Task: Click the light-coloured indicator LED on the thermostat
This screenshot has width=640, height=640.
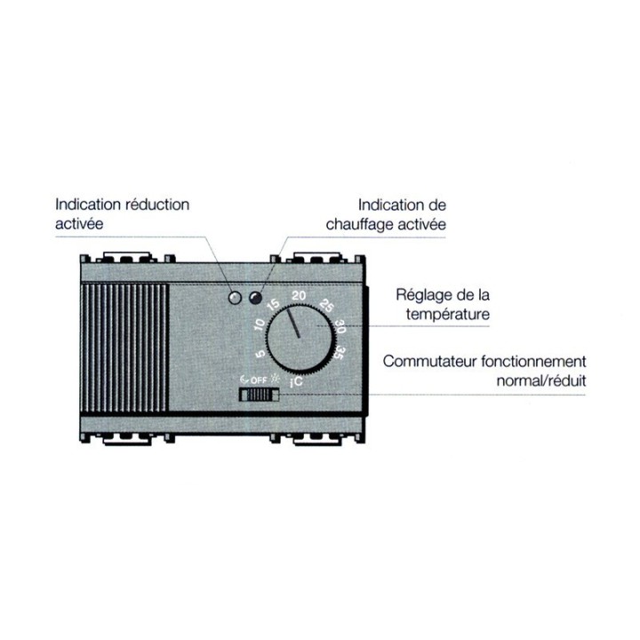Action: [236, 298]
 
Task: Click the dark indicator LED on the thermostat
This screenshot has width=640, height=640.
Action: [256, 298]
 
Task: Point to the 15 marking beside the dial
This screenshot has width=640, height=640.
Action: [272, 307]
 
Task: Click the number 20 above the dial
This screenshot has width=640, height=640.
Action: [300, 297]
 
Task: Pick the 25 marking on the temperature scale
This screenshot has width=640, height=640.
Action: [324, 307]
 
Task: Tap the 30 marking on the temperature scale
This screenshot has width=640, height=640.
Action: [339, 327]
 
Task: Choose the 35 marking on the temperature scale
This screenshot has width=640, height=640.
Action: [339, 355]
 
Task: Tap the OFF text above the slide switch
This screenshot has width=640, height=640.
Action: [258, 380]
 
